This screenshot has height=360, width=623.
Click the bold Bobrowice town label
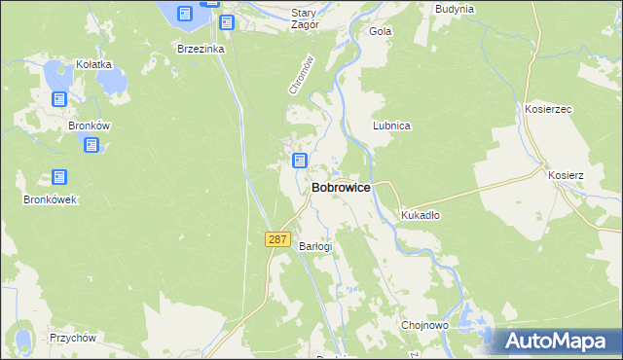340,188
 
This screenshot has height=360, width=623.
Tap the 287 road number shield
277,239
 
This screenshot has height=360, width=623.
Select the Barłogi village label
315,246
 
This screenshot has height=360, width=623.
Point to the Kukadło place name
421,215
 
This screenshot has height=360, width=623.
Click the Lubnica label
391,126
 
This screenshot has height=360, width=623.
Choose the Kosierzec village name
548,110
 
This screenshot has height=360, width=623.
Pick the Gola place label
380,31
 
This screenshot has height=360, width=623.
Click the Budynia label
455,9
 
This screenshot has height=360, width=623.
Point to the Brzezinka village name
201,48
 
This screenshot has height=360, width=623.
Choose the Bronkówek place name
50,199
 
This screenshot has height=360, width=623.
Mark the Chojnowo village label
423,325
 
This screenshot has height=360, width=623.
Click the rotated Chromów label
300,75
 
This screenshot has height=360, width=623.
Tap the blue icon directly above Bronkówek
59,177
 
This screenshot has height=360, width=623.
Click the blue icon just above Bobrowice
300,161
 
